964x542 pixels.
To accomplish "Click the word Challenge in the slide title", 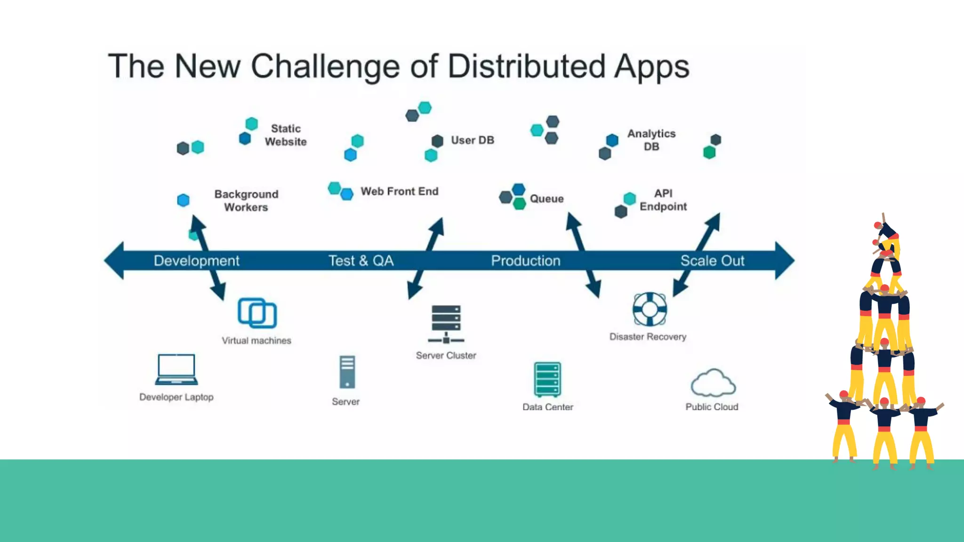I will coord(325,66).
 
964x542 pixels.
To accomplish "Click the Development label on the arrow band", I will coord(196,261).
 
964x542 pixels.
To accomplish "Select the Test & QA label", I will coord(361,261).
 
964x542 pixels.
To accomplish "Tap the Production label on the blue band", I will coord(525,261).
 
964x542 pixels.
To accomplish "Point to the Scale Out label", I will coord(712,261).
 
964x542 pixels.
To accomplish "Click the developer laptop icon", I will coord(177,369).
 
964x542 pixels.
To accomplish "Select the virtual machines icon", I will coord(257,313).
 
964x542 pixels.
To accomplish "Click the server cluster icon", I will coord(446,324).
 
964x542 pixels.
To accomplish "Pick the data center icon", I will coord(547,380).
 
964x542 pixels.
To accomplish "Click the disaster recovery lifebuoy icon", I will coord(650,309).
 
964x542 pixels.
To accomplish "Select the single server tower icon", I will coord(347,372).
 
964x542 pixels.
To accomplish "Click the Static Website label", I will coord(285,135).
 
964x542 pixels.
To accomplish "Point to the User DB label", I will coord(472,140).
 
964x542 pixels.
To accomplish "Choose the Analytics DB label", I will coord(651,140).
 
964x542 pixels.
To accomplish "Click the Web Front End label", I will coord(399,191).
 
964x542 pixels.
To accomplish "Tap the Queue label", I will coord(546,199).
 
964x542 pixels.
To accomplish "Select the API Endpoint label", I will coord(663,200).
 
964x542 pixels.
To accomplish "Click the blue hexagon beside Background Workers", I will coord(183,200).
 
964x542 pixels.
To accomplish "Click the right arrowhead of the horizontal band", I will coord(785,261).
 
